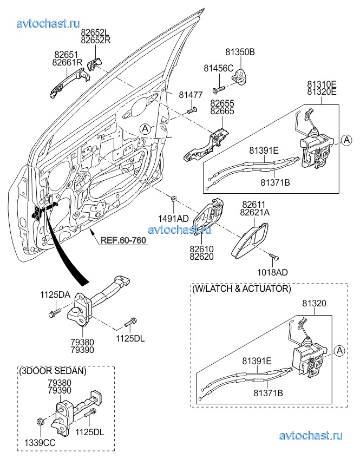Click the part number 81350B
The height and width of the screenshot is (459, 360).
coord(240,53)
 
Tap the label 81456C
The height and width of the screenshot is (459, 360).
coord(218,68)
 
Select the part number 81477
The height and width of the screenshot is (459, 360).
coord(191,95)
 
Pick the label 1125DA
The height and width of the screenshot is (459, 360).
coord(55,295)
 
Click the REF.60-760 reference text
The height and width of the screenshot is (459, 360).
coord(123,240)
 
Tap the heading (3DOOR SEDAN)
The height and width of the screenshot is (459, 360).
coord(52,372)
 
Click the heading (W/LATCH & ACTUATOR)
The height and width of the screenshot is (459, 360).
coord(241,289)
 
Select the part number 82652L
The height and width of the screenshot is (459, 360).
coord(95,32)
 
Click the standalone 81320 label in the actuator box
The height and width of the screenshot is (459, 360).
coord(314,305)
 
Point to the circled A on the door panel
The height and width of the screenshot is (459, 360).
coord(144,128)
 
